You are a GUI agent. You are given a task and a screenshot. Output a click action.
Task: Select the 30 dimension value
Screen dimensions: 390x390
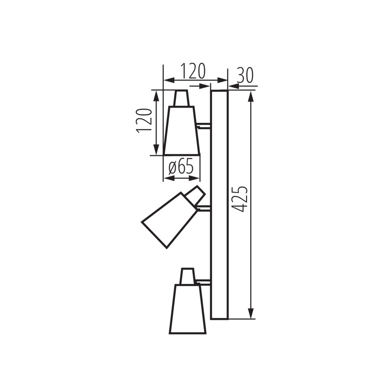coord(245,75)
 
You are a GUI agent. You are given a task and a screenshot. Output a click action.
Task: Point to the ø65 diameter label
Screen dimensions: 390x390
coord(181,167)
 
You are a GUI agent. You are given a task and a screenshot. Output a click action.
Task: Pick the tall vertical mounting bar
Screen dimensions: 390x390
coord(219,205)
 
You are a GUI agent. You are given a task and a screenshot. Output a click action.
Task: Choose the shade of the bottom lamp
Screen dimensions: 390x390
coord(188,309)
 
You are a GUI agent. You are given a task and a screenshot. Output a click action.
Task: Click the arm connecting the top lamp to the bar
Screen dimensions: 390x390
coord(204,126)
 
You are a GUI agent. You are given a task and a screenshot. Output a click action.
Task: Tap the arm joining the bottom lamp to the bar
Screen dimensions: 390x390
coord(204,282)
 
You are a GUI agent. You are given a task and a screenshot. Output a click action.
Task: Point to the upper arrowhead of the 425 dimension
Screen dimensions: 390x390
coord(251,96)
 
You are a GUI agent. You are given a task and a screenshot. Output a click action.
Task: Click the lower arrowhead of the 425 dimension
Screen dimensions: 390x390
coord(251,314)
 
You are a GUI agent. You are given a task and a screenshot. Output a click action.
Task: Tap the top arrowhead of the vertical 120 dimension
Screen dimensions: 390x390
coord(157,95)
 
